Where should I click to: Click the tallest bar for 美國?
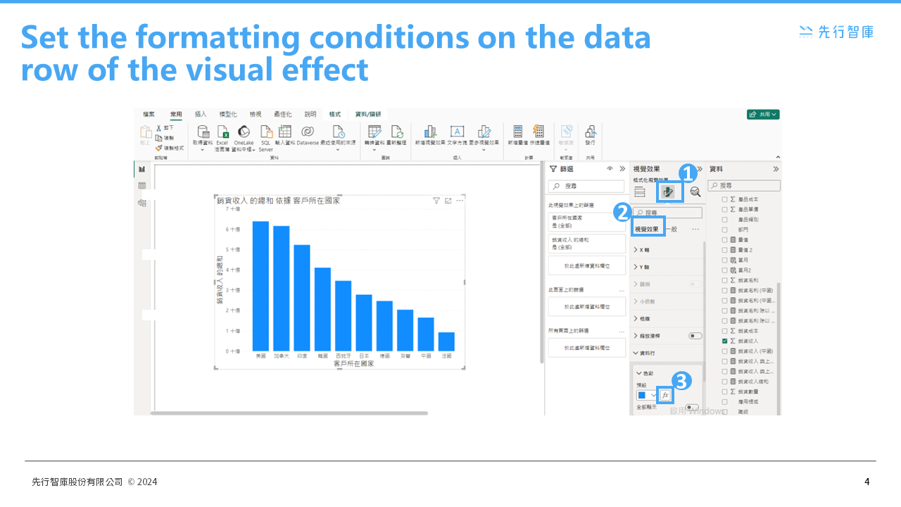coord(260,286)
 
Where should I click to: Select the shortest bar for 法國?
coord(446,342)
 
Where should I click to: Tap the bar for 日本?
coord(364,323)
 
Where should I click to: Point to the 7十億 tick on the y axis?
coord(233,209)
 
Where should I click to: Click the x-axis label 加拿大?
coord(282,356)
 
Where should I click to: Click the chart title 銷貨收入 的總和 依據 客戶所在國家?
coord(279,201)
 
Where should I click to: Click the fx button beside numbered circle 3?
coord(665,395)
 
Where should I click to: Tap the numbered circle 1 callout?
coord(688,172)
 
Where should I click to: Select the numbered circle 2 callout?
coord(622,212)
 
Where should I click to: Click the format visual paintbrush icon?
coord(669,192)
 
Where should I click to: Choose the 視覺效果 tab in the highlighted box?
coord(647,229)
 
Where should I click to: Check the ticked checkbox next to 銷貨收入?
coord(724,341)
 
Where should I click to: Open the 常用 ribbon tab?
coord(176,114)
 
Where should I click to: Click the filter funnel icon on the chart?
coord(436,201)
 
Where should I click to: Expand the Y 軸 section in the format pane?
coord(642,267)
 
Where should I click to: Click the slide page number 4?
coord(867,482)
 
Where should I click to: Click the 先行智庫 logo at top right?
coord(836,31)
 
